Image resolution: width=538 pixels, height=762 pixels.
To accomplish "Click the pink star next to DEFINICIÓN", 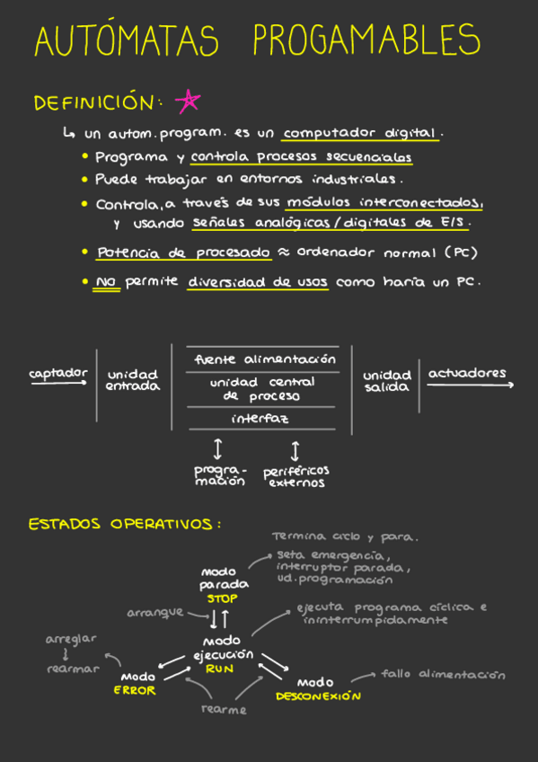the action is pyautogui.click(x=188, y=101).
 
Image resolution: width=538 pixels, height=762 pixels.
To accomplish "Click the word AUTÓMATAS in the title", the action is pyautogui.click(x=127, y=40).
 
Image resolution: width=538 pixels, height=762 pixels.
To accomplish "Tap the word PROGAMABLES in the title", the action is pyautogui.click(x=367, y=39).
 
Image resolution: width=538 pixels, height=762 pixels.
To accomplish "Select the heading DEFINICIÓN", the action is pyautogui.click(x=94, y=102).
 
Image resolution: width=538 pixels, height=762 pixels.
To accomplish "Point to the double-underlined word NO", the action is pyautogui.click(x=107, y=282).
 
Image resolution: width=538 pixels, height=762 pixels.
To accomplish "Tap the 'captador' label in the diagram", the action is pyautogui.click(x=58, y=374).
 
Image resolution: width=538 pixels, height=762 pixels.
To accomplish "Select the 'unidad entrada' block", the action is pyautogui.click(x=133, y=380).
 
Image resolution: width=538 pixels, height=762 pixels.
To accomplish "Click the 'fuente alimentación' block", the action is pyautogui.click(x=265, y=359).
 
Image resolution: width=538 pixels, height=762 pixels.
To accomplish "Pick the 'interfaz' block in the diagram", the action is pyautogui.click(x=260, y=419).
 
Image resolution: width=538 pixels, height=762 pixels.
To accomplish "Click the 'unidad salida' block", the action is pyautogui.click(x=386, y=382).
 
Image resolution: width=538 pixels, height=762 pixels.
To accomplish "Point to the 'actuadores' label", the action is pyautogui.click(x=467, y=373).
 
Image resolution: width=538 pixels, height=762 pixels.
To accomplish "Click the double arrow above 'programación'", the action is pyautogui.click(x=218, y=449).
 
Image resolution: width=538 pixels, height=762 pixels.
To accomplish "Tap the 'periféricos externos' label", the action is pyautogui.click(x=296, y=477).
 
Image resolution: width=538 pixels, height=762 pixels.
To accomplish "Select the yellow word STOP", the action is pyautogui.click(x=223, y=598).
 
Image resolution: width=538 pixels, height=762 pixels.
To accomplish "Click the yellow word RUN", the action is pyautogui.click(x=219, y=669).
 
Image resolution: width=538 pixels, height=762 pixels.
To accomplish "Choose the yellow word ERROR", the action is pyautogui.click(x=135, y=690).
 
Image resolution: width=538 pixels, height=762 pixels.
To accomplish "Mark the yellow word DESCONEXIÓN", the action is pyautogui.click(x=319, y=696).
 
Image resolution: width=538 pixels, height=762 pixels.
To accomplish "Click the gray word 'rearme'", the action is pyautogui.click(x=224, y=710).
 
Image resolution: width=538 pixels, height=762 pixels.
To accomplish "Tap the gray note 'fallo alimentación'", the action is pyautogui.click(x=444, y=674).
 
